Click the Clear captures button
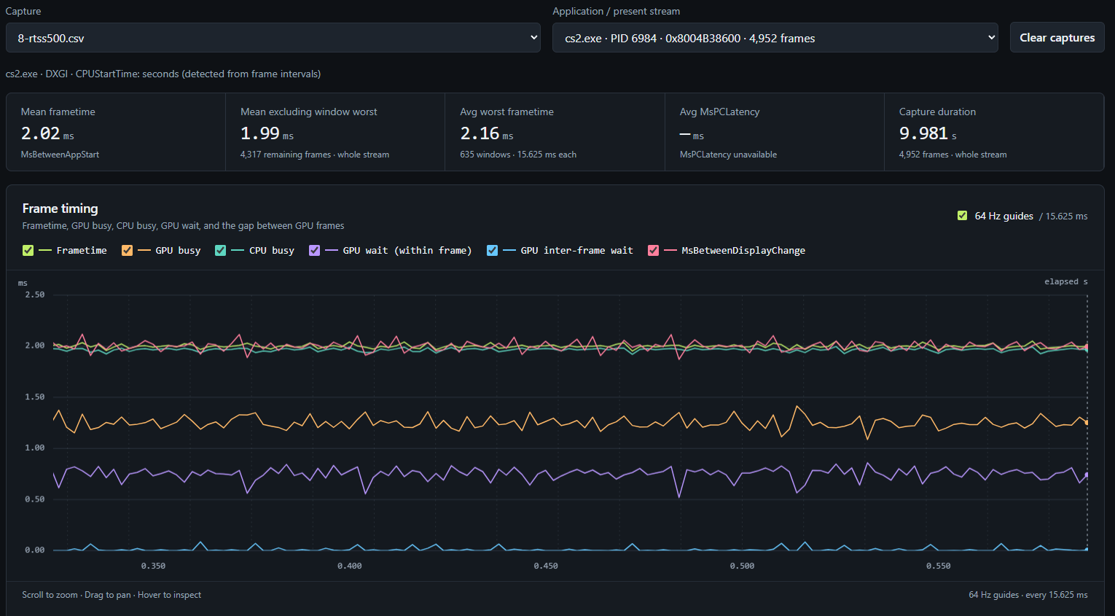pos(1057,37)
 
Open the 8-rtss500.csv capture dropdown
pos(273,37)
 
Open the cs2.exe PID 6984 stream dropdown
pos(775,37)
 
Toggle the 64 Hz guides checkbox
pos(962,216)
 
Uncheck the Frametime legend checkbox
pos(28,251)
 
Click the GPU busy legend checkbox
pos(127,251)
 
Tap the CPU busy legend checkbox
pos(221,251)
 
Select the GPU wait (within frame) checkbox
pos(314,251)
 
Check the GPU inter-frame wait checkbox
pos(492,251)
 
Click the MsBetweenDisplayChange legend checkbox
pos(653,251)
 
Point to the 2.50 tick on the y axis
pos(35,295)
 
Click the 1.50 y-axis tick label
pos(35,397)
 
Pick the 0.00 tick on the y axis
pos(35,550)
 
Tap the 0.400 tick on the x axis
pos(349,566)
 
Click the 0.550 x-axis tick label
pos(939,566)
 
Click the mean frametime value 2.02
pos(40,133)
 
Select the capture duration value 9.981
pos(923,133)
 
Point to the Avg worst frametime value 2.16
pos(480,133)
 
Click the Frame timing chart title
pos(60,208)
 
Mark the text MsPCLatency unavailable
pos(728,155)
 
